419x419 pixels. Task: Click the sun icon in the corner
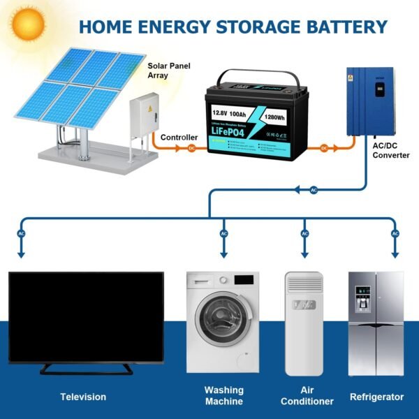pyautogui.click(x=27, y=23)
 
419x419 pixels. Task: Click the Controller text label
pyautogui.click(x=179, y=138)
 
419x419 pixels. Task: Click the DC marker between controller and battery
pyautogui.click(x=191, y=149)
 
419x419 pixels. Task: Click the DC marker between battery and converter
pyautogui.click(x=324, y=148)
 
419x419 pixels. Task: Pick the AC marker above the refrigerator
pyautogui.click(x=395, y=233)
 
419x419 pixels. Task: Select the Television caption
pyautogui.click(x=83, y=397)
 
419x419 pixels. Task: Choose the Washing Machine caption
pyautogui.click(x=223, y=395)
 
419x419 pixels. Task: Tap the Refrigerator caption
pyautogui.click(x=376, y=397)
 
